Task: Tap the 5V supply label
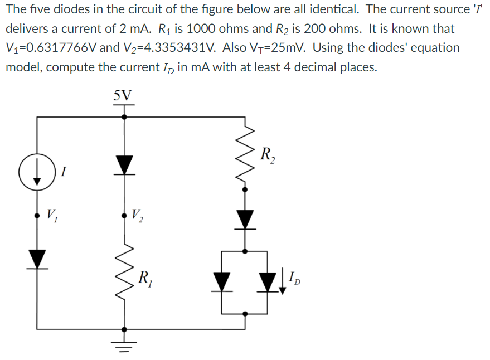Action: point(123,95)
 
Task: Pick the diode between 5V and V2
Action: point(123,164)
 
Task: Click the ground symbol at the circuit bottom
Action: point(123,342)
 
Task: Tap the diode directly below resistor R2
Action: point(246,219)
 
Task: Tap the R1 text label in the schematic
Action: point(147,276)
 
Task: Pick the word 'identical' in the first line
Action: point(328,9)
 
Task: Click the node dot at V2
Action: point(123,214)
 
